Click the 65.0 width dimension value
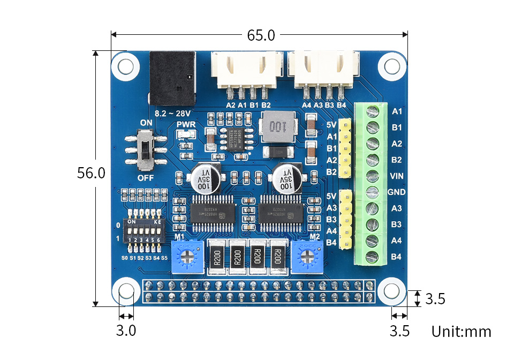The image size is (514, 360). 261,35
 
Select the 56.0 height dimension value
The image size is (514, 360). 91,173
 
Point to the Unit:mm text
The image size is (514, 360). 461,332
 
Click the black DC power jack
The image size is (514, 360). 171,78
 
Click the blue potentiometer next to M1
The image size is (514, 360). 186,256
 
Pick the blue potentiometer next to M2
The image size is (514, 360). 308,256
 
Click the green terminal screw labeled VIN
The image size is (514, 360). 371,176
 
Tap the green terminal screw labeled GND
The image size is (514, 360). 371,192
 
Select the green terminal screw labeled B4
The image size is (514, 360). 371,257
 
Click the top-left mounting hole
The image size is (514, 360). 126,66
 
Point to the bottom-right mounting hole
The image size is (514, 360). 392,291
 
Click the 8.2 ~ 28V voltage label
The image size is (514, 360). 173,114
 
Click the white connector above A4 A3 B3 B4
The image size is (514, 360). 323,69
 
